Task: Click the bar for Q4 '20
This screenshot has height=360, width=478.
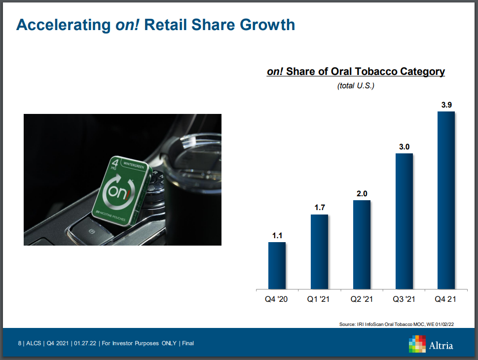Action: coord(277,265)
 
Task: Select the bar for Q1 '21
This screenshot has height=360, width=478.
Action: coord(319,252)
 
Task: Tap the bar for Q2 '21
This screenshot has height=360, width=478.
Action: coord(362,244)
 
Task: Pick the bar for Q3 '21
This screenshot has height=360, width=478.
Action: coord(404,221)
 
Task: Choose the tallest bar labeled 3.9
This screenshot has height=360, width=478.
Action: coord(446,200)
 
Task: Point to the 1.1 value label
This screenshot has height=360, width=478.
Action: coord(277,235)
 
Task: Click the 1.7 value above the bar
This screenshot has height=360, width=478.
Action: coord(319,208)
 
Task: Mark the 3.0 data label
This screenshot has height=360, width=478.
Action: coord(404,146)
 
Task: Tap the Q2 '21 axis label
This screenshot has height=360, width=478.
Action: coord(362,299)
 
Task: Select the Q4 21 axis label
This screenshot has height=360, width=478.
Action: coord(446,299)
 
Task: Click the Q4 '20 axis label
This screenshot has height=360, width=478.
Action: coord(277,299)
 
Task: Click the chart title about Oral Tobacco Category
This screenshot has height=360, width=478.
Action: coord(356,72)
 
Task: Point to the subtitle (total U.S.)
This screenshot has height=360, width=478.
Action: coord(356,86)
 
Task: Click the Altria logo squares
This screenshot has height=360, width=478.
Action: coord(417,344)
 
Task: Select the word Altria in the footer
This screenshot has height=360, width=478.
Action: coord(441,345)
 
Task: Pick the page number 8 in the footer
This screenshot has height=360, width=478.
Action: coord(19,343)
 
